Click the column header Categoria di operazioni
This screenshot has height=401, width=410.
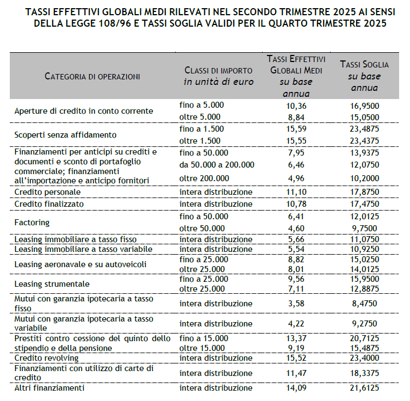(x=92, y=76)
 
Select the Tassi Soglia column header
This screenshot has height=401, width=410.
(x=364, y=76)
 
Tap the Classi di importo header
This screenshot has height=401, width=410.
(x=218, y=76)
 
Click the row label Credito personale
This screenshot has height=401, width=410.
(x=48, y=192)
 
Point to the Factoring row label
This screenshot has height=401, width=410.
(x=32, y=222)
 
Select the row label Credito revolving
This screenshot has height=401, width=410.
(x=47, y=358)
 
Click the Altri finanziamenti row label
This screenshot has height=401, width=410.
(x=50, y=388)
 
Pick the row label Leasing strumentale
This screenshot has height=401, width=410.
(x=52, y=283)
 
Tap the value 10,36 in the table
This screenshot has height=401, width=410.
(x=296, y=105)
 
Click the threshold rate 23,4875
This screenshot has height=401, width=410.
(x=364, y=129)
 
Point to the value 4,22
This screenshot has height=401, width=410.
(x=296, y=323)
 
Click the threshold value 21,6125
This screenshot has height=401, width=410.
(x=364, y=388)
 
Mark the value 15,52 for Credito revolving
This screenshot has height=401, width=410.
(x=296, y=358)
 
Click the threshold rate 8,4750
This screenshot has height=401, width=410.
(x=364, y=303)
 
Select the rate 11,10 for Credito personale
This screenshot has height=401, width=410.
(x=296, y=192)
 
